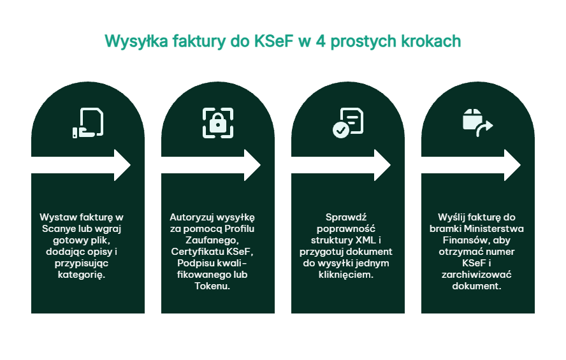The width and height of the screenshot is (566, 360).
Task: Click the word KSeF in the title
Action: [x=273, y=41]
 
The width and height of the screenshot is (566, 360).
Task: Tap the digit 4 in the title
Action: [x=320, y=41]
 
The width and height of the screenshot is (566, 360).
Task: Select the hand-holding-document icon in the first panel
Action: [x=88, y=122]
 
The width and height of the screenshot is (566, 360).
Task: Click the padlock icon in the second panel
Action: [x=218, y=123]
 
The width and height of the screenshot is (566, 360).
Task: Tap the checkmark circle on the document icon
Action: [x=341, y=130]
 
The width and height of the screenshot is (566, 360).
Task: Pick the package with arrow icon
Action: [x=477, y=122]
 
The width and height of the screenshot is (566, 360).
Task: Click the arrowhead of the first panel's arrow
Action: [x=122, y=165]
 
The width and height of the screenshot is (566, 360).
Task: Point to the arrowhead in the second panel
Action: [x=252, y=165]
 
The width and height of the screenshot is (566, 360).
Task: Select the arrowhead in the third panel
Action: [x=382, y=165]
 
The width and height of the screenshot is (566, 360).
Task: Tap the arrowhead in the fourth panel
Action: [x=512, y=165]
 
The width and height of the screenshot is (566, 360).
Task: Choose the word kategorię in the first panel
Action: [x=82, y=275]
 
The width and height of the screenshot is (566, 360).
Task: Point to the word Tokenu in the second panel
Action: [x=212, y=286]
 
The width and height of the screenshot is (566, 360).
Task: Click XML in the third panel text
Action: [x=365, y=240]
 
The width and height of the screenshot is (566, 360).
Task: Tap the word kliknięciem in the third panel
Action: [x=346, y=275]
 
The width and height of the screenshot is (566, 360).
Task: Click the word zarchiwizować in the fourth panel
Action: [x=477, y=275]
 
